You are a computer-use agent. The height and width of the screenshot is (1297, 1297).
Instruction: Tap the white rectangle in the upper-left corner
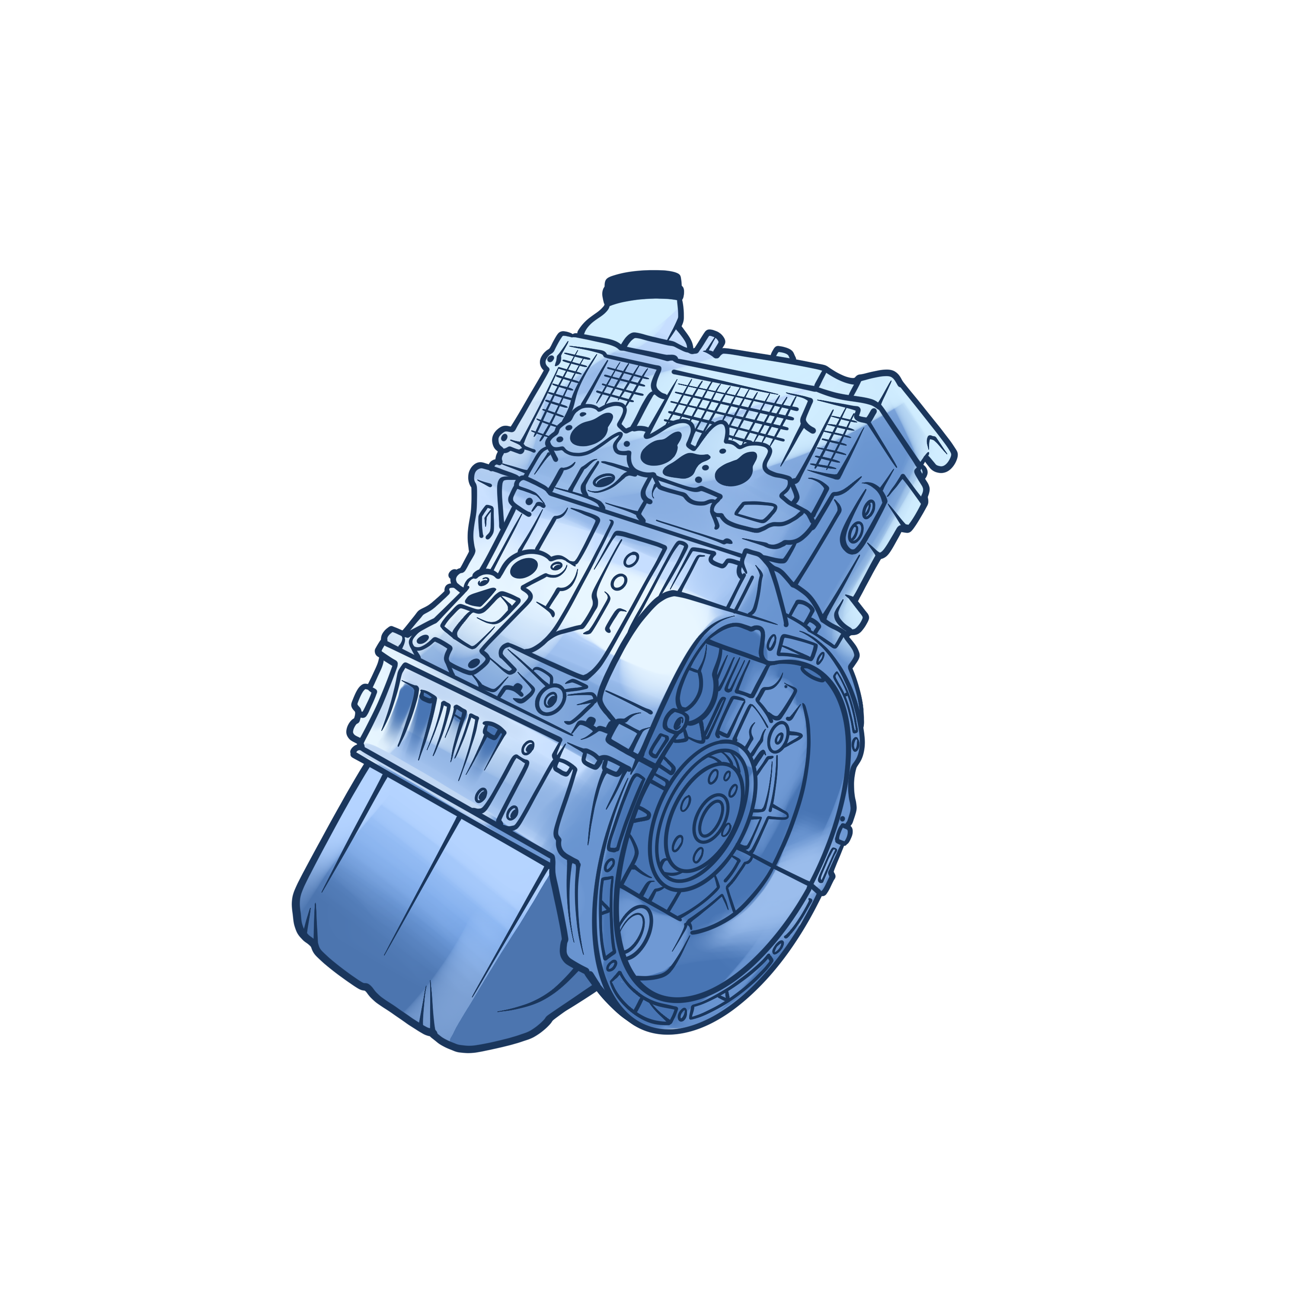pos(221,221)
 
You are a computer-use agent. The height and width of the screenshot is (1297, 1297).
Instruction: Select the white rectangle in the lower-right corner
pos(1091,1091)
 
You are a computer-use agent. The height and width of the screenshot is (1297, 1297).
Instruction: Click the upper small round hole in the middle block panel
pos(630,559)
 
